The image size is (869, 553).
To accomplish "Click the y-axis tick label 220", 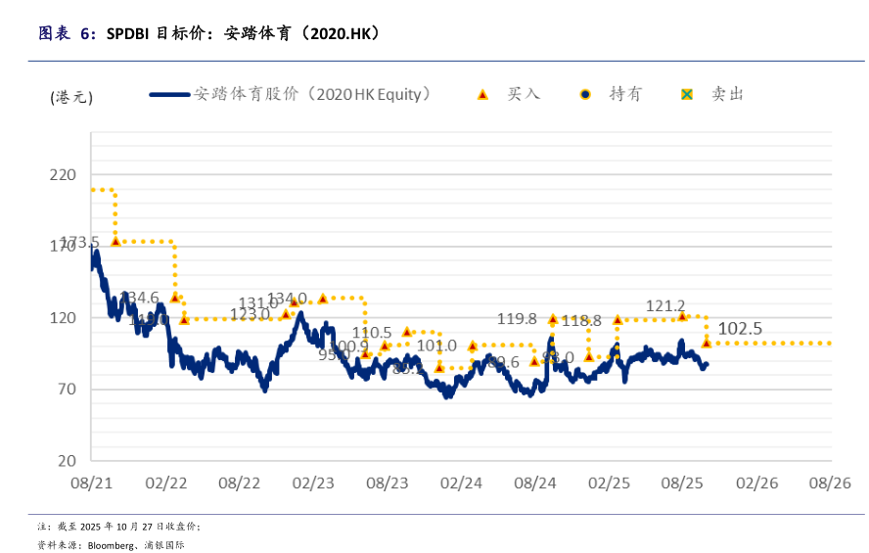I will point(62,175).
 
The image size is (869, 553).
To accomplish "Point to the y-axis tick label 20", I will point(66,461).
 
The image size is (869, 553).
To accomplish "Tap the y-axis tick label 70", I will point(66,390).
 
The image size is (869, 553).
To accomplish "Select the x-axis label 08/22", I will point(239,484).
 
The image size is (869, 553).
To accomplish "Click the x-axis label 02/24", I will point(461,484).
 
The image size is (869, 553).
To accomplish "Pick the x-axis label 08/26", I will point(830,484).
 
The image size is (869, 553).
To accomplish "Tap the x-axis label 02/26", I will point(756,484).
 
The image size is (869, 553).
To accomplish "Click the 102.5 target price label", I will point(740,329).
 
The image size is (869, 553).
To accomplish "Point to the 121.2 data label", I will point(665,306).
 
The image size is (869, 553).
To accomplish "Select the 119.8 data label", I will point(517,319).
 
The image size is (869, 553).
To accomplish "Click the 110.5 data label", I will point(372,333).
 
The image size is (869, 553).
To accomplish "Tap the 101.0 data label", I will point(436,346).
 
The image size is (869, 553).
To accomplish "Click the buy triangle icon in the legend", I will point(481,95).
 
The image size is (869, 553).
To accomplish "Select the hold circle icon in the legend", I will point(584,95).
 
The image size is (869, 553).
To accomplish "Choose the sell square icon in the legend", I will point(687,95).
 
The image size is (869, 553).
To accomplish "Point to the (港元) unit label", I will point(71,96).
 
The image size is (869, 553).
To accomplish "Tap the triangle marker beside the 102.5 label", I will point(707,343).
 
